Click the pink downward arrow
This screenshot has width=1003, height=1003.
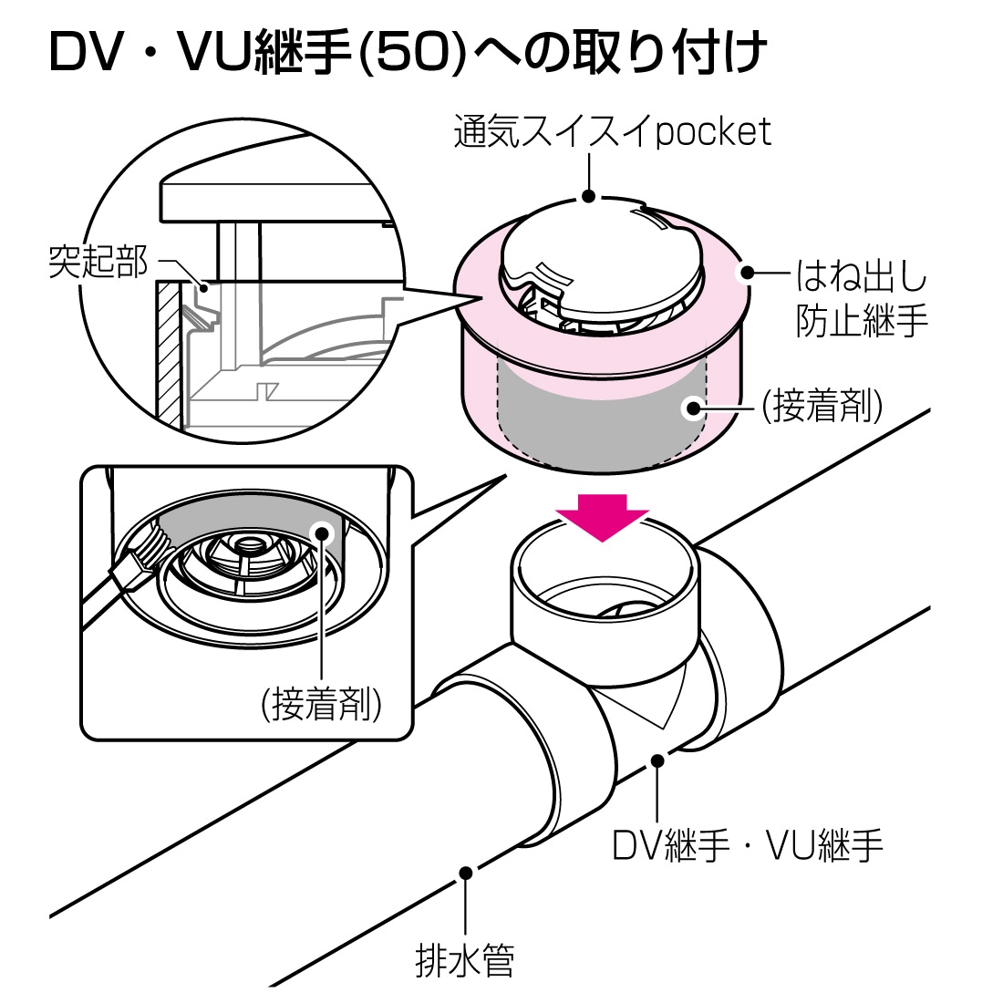(x=602, y=515)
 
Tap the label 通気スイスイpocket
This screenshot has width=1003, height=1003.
(x=612, y=132)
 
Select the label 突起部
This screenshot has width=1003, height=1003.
(x=98, y=262)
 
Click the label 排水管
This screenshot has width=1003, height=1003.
(x=465, y=959)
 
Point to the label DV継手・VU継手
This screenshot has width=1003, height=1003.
(x=747, y=845)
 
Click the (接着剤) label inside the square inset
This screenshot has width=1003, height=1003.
(x=321, y=704)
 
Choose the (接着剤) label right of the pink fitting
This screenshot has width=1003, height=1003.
(x=822, y=406)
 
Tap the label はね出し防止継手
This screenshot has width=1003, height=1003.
(x=862, y=298)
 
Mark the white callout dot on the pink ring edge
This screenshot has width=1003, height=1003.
(x=746, y=274)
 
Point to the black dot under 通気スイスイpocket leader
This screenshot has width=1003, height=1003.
(x=589, y=196)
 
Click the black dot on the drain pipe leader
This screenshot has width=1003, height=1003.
(x=466, y=873)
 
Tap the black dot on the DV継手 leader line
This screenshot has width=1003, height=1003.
(x=657, y=760)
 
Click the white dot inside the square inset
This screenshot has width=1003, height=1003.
(x=321, y=533)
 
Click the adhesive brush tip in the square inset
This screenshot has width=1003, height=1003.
(x=155, y=542)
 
